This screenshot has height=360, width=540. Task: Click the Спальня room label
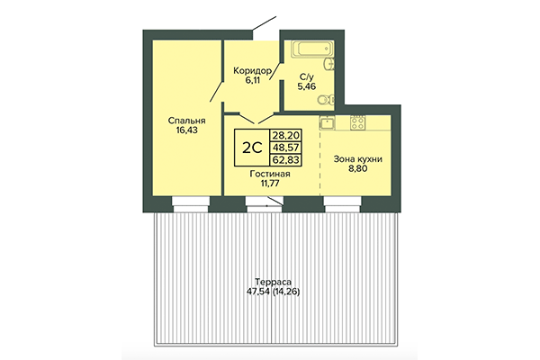(x=185, y=120)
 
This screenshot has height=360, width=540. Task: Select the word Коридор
(x=250, y=69)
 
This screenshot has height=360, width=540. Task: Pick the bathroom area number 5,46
(x=308, y=88)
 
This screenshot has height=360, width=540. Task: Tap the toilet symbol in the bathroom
(x=333, y=99)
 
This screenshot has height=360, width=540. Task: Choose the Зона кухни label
(x=358, y=159)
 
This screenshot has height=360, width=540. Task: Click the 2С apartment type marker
(x=253, y=146)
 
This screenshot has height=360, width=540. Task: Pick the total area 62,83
(x=286, y=159)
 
